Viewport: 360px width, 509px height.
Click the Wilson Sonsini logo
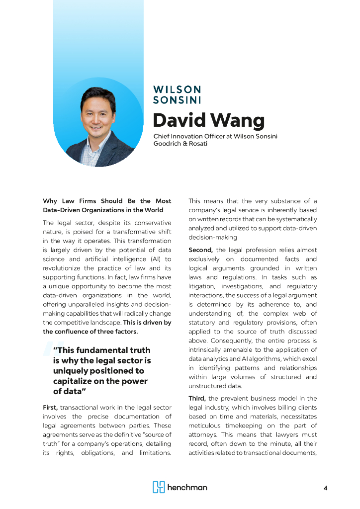(177, 94)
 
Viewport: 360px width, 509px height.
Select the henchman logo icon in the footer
(159, 487)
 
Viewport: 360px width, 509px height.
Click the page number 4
(325, 488)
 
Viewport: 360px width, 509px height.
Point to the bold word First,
(51, 408)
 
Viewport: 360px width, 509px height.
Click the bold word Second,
(200, 250)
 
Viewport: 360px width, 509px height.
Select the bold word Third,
(198, 399)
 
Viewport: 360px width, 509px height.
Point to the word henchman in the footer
(187, 488)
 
